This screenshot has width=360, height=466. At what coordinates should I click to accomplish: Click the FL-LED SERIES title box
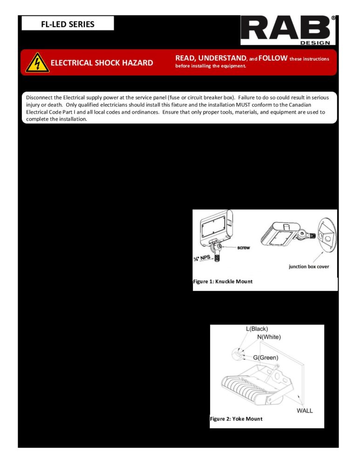click(67, 23)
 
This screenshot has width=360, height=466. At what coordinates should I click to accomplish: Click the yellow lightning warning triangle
click(35, 62)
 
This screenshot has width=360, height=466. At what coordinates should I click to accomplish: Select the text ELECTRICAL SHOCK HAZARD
click(102, 63)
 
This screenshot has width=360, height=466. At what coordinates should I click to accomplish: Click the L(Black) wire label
click(257, 329)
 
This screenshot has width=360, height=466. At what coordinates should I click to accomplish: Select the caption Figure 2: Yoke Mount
click(236, 419)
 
